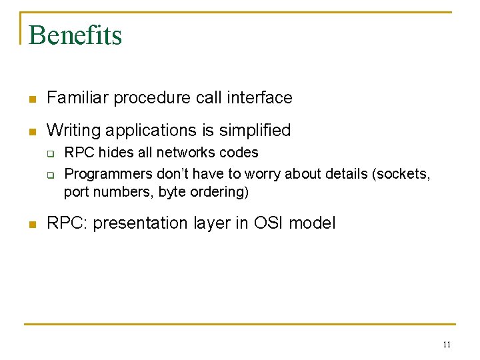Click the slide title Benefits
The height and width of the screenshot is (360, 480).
coord(75,35)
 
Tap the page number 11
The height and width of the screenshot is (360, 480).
coord(447,345)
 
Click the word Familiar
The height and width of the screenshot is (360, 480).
coord(77,98)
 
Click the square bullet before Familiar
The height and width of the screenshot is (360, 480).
coord(31,99)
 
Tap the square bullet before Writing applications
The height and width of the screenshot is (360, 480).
coord(31,131)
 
